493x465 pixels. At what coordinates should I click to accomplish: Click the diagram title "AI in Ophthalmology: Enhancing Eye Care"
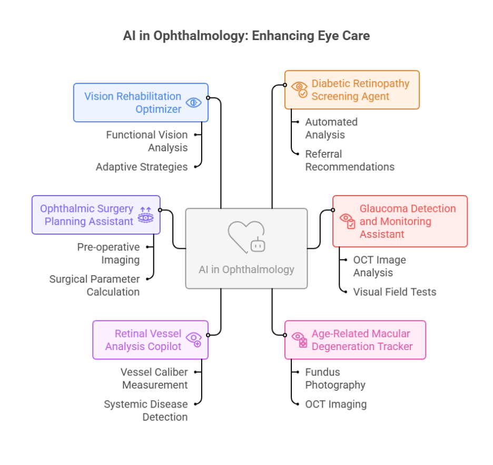(246, 36)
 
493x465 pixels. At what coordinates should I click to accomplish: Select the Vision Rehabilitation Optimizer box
(141, 103)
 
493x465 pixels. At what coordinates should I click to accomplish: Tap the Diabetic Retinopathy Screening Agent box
(352, 90)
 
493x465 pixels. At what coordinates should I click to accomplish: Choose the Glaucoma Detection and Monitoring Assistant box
(400, 221)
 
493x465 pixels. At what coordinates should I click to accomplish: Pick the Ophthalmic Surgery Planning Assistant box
(96, 215)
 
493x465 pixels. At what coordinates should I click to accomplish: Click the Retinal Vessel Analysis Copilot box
(150, 340)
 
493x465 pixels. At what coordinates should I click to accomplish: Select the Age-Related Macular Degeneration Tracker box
(355, 340)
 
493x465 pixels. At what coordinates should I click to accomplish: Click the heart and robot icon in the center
(246, 237)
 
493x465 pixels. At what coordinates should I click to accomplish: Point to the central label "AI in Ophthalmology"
(246, 269)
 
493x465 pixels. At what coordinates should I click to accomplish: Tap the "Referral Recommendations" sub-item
(350, 160)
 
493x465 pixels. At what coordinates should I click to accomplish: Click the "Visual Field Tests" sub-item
(395, 292)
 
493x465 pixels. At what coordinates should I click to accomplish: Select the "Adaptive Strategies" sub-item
(142, 167)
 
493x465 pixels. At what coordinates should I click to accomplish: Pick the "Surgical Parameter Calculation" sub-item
(95, 285)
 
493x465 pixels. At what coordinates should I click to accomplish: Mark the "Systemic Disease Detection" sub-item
(146, 410)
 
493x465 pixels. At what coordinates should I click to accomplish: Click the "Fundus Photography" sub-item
(335, 379)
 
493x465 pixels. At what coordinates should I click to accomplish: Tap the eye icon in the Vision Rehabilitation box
(193, 103)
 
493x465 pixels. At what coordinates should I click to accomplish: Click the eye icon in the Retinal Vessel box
(194, 339)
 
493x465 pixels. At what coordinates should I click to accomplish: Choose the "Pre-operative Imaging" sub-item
(109, 253)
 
